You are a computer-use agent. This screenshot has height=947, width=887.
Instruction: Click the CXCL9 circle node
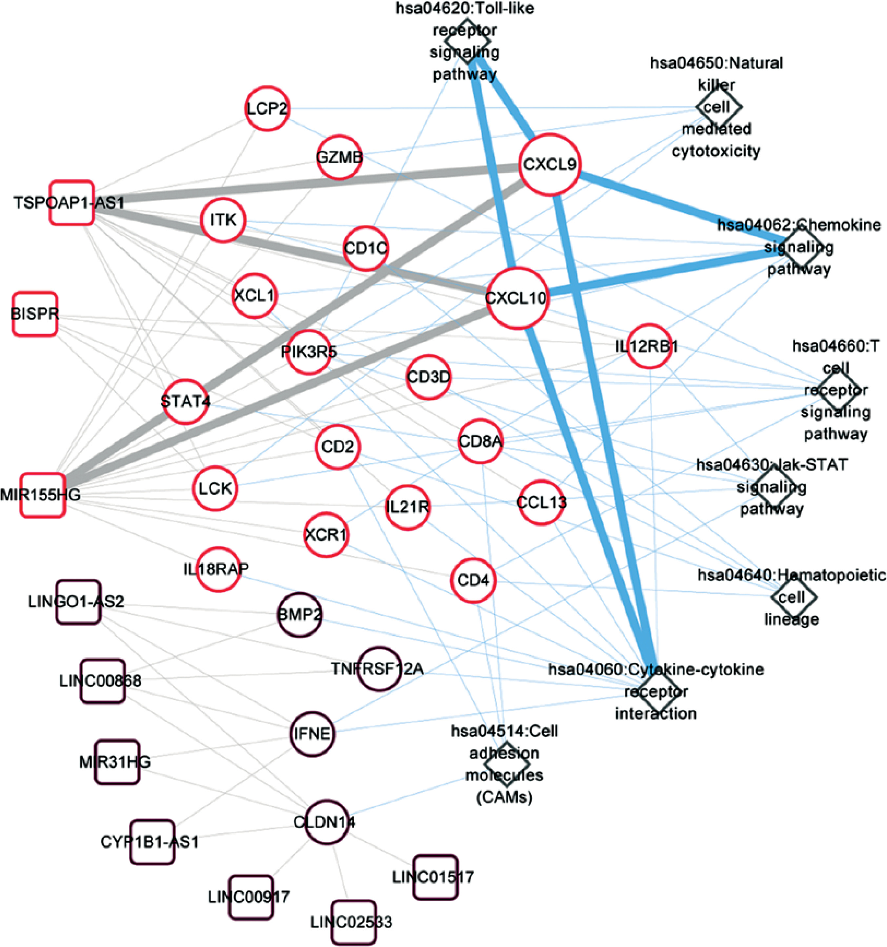[550, 164]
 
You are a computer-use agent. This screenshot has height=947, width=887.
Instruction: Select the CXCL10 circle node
[517, 298]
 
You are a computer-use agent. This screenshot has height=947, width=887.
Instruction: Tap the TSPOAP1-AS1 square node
[72, 203]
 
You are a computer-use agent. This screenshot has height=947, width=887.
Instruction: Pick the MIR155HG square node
[42, 495]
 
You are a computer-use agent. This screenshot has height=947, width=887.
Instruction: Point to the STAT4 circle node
[185, 401]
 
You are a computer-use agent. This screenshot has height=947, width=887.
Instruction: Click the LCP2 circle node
[267, 108]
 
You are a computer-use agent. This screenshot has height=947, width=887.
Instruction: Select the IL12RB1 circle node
[649, 346]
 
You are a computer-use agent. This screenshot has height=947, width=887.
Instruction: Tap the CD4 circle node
[473, 580]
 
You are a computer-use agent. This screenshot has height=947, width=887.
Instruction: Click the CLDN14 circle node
[327, 822]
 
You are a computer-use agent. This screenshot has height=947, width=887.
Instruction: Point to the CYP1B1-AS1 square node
[152, 842]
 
